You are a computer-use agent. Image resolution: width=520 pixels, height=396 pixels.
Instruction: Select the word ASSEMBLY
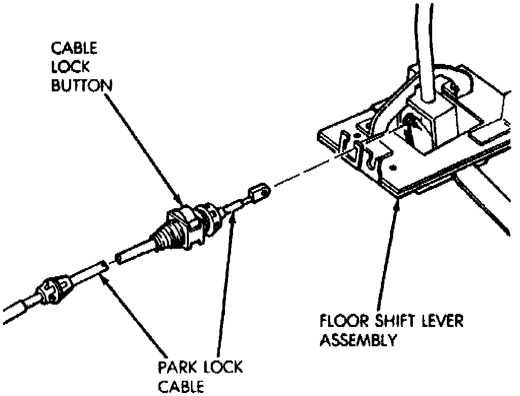357,340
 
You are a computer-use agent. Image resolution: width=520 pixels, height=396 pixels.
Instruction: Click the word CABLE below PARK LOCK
181,386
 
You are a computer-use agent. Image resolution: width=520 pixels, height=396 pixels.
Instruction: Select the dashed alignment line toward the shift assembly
305,172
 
